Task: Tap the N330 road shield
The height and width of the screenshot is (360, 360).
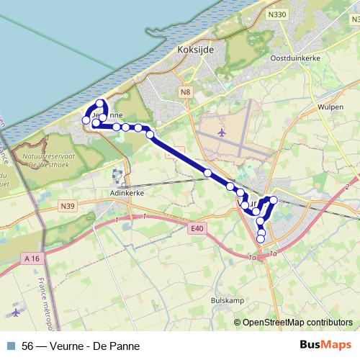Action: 274,13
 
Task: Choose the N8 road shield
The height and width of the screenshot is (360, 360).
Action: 186,91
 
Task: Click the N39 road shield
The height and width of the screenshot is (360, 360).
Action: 68,207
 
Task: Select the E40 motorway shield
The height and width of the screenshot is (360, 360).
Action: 199,229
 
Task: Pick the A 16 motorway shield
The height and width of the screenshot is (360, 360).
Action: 31,258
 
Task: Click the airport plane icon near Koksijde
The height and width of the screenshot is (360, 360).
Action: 220,132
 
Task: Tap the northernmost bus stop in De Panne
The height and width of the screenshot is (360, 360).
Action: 100,104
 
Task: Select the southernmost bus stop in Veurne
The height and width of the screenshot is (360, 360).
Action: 261,238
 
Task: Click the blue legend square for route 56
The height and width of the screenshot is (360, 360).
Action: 11,346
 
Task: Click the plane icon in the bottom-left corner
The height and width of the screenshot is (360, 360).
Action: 16,312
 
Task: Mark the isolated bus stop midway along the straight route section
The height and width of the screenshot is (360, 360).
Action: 207,173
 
